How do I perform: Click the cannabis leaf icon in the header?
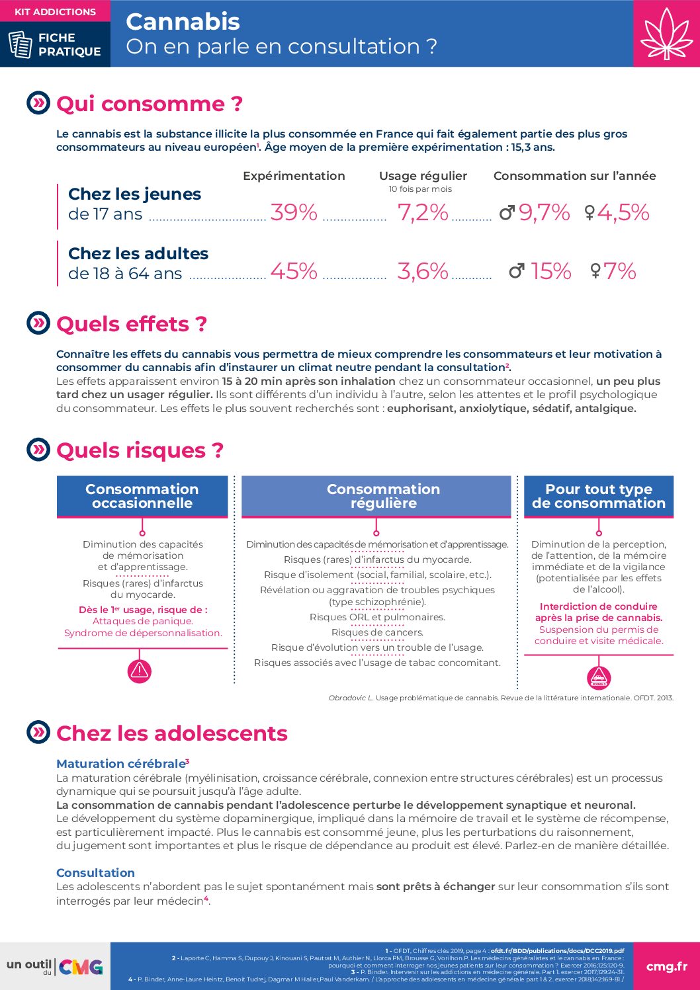666,34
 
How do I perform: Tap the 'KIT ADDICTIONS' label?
55,12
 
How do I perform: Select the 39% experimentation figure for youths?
294,212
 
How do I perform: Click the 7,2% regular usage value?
423,212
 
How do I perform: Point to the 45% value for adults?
294,271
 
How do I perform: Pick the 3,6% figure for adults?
423,271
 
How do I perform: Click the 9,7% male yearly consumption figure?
544,212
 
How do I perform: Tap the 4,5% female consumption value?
623,212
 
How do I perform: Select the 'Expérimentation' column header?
294,176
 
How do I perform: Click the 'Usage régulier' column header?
423,176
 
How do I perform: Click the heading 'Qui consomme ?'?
150,104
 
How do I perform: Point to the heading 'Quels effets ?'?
132,324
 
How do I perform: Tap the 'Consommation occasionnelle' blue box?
142,496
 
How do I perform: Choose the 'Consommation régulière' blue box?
376,496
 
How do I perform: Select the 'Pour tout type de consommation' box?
599,496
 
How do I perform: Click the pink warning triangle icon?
140,671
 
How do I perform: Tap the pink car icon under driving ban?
599,678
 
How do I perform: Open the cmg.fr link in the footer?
666,966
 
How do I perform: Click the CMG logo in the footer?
81,967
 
